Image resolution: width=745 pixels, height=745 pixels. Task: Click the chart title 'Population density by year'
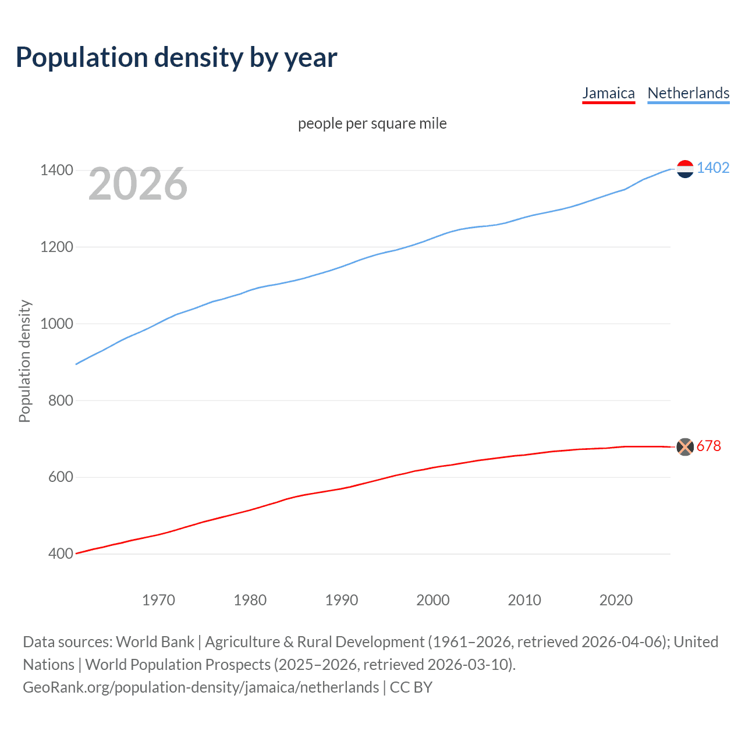176,58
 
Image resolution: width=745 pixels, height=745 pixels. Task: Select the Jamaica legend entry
608,93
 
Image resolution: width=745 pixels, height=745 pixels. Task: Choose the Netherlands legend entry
688,93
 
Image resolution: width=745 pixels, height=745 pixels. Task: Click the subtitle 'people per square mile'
372,124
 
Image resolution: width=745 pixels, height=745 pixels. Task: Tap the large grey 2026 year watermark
138,185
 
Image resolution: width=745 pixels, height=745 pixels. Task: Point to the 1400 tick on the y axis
56,171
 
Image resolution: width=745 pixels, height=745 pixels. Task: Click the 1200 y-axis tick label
56,247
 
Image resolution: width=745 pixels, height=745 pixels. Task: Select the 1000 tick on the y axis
56,324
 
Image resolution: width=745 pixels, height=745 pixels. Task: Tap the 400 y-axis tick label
60,554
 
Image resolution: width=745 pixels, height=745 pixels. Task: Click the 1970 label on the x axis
158,600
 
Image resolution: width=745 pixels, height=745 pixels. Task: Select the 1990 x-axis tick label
342,600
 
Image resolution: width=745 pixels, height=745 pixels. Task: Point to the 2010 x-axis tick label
524,600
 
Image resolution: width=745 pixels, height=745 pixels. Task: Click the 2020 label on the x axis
616,600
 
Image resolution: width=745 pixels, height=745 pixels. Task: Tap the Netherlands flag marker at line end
685,169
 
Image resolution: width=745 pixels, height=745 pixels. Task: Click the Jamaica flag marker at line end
685,447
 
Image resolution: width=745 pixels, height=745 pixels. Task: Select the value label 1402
713,168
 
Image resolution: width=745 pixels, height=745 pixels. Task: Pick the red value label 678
709,446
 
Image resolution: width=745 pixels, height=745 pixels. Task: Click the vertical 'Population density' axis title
24,361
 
